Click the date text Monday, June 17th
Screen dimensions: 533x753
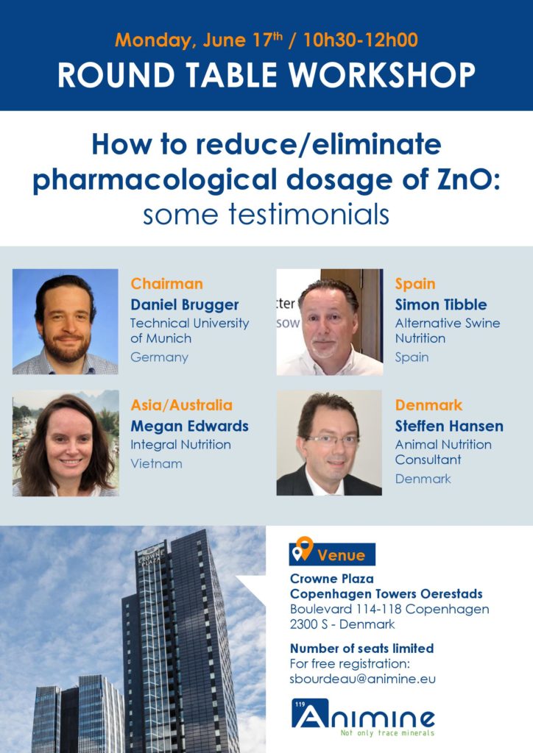[x=199, y=40]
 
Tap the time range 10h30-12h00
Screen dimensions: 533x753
[x=361, y=40]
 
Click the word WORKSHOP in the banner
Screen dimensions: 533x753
[x=382, y=75]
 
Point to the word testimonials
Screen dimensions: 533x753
[x=308, y=214]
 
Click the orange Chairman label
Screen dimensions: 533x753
[x=167, y=283]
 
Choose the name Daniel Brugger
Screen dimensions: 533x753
[x=185, y=304]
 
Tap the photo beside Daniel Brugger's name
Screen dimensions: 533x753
[x=66, y=321]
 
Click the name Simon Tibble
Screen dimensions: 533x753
[x=441, y=304]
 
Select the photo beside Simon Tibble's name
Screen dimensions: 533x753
[x=330, y=322]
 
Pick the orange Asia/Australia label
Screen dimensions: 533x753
[x=181, y=405]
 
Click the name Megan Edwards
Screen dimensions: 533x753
[x=189, y=426]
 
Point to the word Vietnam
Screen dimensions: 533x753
[x=156, y=463]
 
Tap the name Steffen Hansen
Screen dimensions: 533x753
[x=449, y=426]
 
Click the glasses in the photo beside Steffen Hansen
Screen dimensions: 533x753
[x=331, y=440]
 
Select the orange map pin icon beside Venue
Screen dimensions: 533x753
[x=304, y=547]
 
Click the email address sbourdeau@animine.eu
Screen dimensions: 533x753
[x=362, y=679]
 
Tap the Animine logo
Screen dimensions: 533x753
[x=363, y=717]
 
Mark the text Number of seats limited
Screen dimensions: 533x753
[x=361, y=649]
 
